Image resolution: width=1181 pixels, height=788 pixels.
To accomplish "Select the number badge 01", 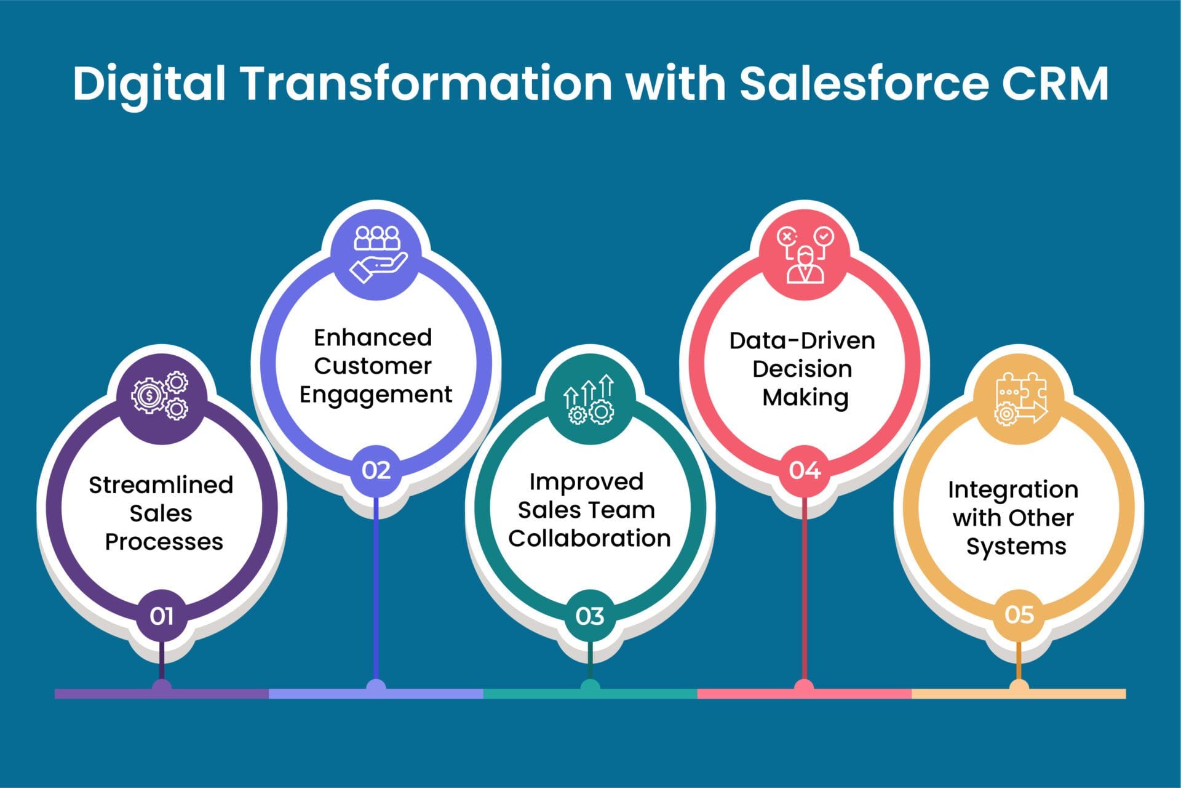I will coord(161,616).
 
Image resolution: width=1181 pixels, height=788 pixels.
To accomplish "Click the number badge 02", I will coord(376,470).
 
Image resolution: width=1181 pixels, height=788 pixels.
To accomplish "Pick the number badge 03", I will coord(589,616).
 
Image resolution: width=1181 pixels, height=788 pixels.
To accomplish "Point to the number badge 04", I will coord(804,470).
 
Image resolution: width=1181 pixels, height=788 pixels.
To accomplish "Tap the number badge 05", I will coord(1019,614).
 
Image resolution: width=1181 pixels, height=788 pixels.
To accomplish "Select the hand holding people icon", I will coord(376,254).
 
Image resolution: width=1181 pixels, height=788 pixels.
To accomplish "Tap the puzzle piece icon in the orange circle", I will coord(1020,399).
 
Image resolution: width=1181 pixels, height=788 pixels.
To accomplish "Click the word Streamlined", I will coord(161,485).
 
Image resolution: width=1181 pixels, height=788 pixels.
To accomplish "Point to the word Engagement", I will coord(376,395).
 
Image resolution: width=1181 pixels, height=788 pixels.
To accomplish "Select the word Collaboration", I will coord(589,538).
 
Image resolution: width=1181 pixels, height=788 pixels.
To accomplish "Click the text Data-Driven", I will coord(802,340).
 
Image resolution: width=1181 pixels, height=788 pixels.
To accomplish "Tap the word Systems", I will coord(1016,547).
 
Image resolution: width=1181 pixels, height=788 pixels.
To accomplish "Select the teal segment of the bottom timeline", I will coord(535,694).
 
